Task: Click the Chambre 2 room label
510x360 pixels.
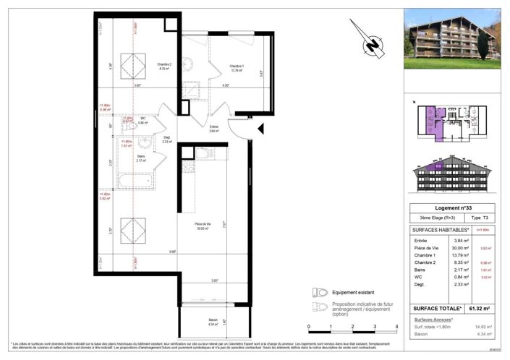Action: pos(163,66)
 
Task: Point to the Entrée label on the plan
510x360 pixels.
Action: pos(214,127)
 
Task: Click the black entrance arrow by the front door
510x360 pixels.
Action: pos(263,129)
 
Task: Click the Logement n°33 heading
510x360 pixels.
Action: pos(451,208)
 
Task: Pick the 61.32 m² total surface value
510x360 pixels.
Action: pos(479,309)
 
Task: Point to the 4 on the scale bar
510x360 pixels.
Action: pos(396,327)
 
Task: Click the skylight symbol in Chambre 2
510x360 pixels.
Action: pos(132,67)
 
